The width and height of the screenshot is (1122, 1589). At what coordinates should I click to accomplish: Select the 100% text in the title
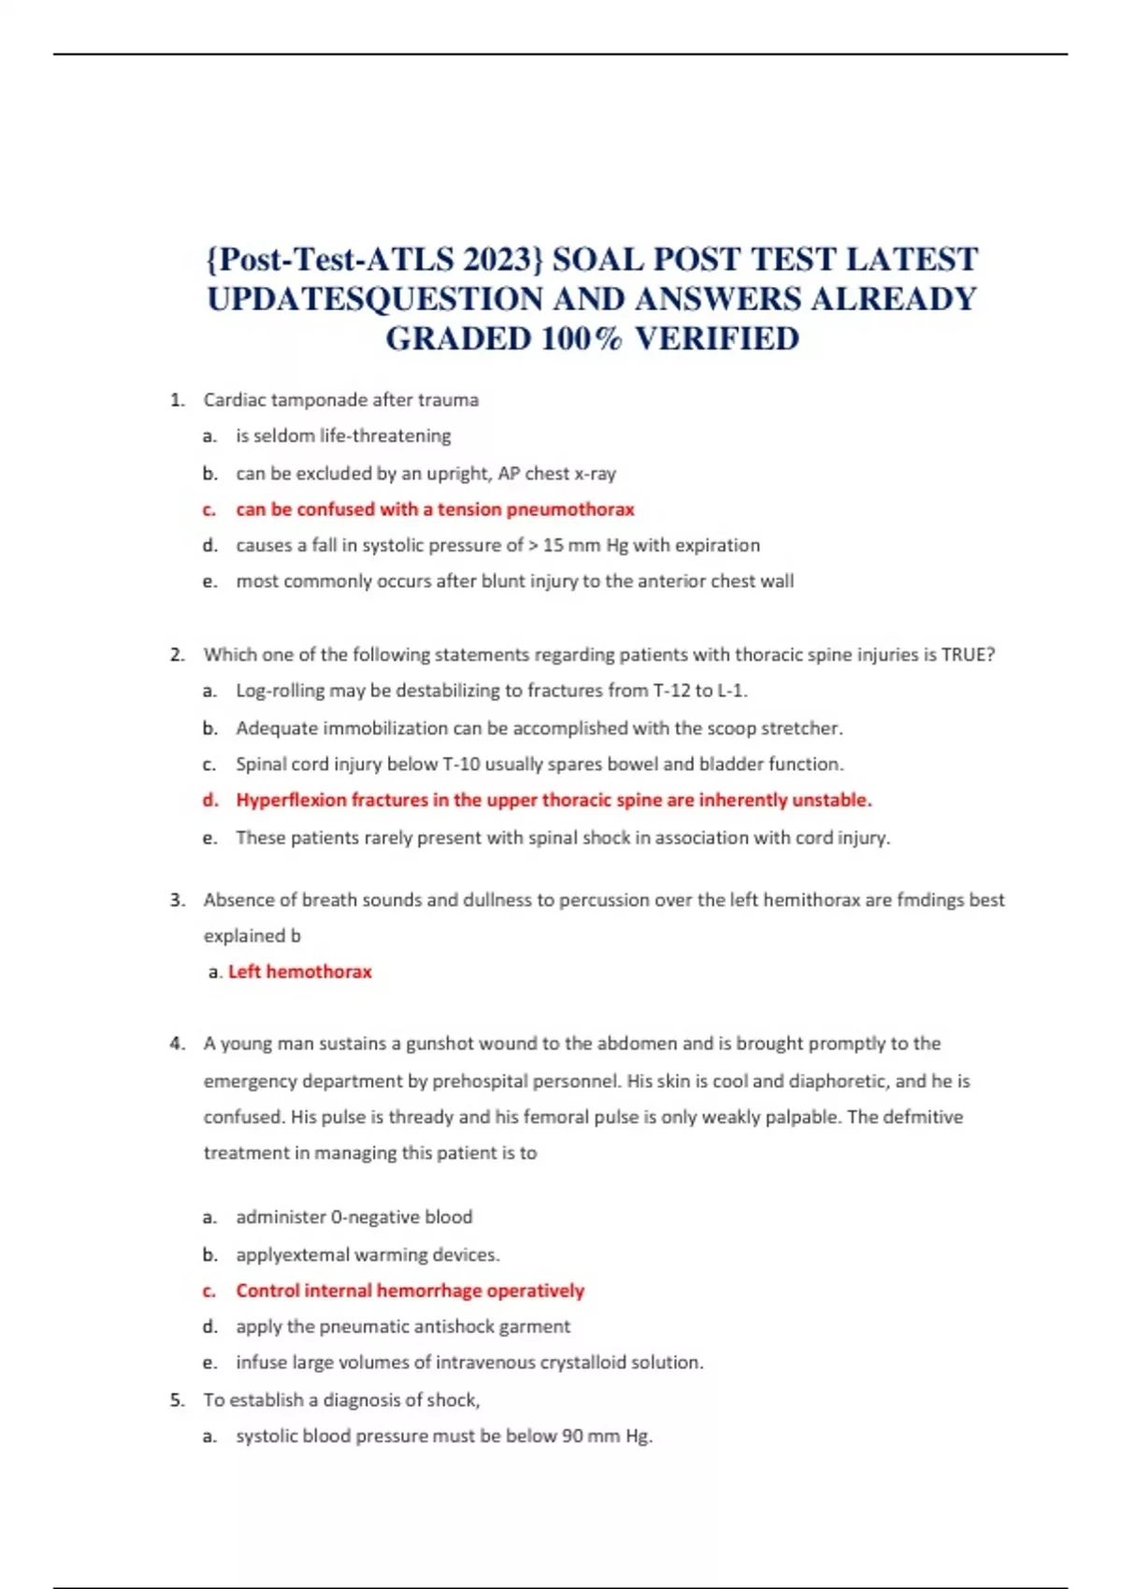coord(582,338)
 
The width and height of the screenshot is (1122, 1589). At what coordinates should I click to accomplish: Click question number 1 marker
coord(178,400)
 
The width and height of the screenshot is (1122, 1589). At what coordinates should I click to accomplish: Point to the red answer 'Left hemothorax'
coord(299,972)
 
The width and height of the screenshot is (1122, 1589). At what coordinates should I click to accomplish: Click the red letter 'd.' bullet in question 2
coord(210,800)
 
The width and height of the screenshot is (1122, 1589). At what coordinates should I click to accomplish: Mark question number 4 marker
coord(178,1044)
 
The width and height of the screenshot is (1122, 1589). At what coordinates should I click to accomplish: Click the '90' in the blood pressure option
coord(572,1436)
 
